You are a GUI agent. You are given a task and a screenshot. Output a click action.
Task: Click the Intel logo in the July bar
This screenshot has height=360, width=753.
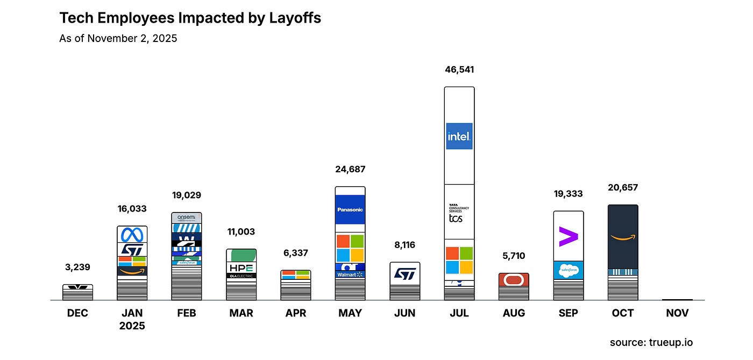(459, 136)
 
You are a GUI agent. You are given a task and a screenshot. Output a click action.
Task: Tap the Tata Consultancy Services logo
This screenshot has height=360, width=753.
(456, 213)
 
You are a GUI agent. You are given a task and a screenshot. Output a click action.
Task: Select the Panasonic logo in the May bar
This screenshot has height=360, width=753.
(350, 209)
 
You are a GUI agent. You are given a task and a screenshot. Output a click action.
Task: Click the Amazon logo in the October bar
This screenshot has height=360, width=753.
(623, 237)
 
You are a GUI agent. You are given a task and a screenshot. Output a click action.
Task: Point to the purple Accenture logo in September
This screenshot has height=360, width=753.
(568, 236)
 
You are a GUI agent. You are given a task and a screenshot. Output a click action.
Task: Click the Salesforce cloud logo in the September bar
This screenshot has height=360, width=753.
(568, 270)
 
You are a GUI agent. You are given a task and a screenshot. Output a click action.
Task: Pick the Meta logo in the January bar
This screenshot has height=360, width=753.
(132, 235)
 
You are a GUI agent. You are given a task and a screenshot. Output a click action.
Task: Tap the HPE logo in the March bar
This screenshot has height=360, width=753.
(241, 268)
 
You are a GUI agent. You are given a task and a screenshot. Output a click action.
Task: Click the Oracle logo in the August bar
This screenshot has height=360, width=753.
(514, 279)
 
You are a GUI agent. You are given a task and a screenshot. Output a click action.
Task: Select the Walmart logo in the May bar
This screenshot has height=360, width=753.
(350, 275)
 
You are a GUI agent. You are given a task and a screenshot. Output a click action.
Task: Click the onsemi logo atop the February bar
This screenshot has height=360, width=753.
(186, 217)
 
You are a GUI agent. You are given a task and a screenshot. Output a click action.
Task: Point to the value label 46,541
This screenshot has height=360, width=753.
(459, 69)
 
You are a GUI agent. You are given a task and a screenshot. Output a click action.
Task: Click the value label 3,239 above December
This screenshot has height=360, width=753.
(77, 267)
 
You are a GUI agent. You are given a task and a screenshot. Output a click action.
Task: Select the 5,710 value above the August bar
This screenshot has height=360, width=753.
(514, 256)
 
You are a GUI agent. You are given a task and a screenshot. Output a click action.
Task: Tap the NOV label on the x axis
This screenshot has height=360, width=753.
(677, 313)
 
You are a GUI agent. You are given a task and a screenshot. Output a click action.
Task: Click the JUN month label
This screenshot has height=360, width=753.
(404, 313)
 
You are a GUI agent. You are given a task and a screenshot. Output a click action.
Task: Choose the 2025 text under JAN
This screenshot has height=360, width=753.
(132, 326)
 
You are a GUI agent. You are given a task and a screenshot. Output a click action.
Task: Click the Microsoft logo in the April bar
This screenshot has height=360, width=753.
(295, 274)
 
